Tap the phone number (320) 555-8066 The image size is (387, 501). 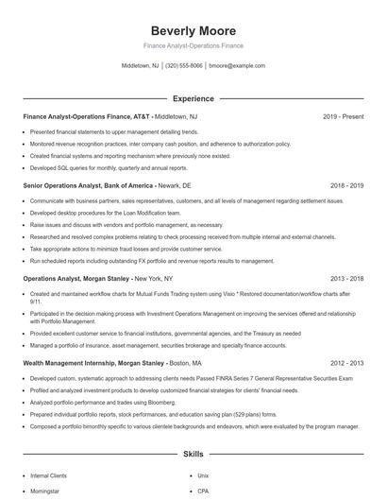click(x=184, y=66)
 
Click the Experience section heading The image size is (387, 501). click(x=193, y=98)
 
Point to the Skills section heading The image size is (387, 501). click(x=193, y=454)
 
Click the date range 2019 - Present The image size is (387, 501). click(x=343, y=116)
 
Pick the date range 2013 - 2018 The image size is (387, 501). click(x=346, y=280)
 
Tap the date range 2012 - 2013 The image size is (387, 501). click(x=346, y=363)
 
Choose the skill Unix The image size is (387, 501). click(x=203, y=475)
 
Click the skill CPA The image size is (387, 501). click(x=203, y=492)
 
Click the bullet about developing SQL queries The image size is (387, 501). click(x=105, y=167)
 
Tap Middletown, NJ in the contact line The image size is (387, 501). click(x=141, y=66)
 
